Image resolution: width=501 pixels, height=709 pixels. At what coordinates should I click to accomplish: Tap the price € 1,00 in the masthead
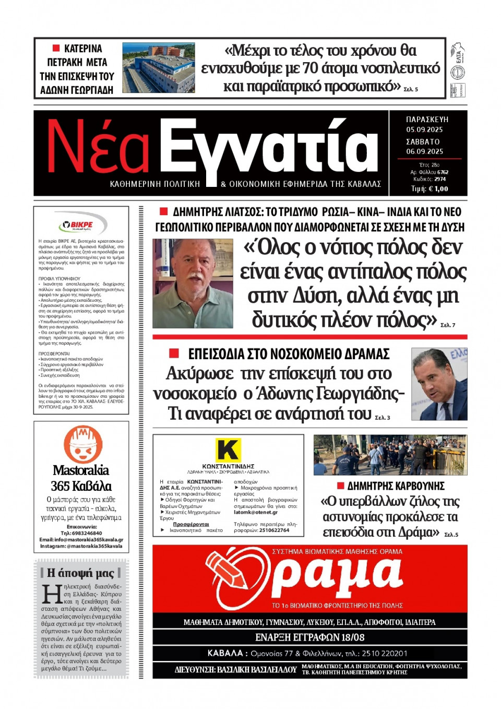pyautogui.click(x=437, y=189)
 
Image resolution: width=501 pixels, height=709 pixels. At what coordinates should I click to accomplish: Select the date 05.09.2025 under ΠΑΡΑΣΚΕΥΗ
pyautogui.click(x=424, y=129)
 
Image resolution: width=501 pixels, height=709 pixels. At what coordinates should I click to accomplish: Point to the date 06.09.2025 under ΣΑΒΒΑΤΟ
pyautogui.click(x=424, y=151)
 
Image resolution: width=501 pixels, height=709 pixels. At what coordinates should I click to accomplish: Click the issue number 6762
pyautogui.click(x=443, y=172)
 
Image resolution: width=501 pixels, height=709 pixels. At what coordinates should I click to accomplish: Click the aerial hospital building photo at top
pyautogui.click(x=159, y=68)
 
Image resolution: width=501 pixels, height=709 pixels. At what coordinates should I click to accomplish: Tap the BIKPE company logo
pyautogui.click(x=81, y=225)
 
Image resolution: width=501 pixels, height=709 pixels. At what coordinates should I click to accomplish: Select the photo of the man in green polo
pyautogui.click(x=193, y=283)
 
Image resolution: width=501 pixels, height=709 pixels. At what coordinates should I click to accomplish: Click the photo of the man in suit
pyautogui.click(x=439, y=384)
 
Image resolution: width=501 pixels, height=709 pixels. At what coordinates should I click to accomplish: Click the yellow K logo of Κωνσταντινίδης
pyautogui.click(x=228, y=450)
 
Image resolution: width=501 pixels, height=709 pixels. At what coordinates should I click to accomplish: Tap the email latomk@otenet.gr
pyautogui.click(x=256, y=512)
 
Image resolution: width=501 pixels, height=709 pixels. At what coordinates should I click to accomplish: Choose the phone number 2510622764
pyautogui.click(x=274, y=530)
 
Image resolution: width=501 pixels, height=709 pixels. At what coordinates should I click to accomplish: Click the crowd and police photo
pyautogui.click(x=390, y=455)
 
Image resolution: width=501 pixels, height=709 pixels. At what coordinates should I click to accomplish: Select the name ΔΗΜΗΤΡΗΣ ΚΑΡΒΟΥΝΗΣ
pyautogui.click(x=396, y=486)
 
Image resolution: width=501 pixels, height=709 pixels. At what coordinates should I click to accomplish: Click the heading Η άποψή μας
pyautogui.click(x=80, y=573)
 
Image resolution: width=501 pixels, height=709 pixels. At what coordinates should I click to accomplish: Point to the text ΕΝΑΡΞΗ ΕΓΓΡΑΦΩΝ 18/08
pyautogui.click(x=309, y=637)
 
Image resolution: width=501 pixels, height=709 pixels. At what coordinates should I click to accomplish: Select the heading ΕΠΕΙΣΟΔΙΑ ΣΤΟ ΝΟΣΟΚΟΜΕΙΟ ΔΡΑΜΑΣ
pyautogui.click(x=289, y=354)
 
